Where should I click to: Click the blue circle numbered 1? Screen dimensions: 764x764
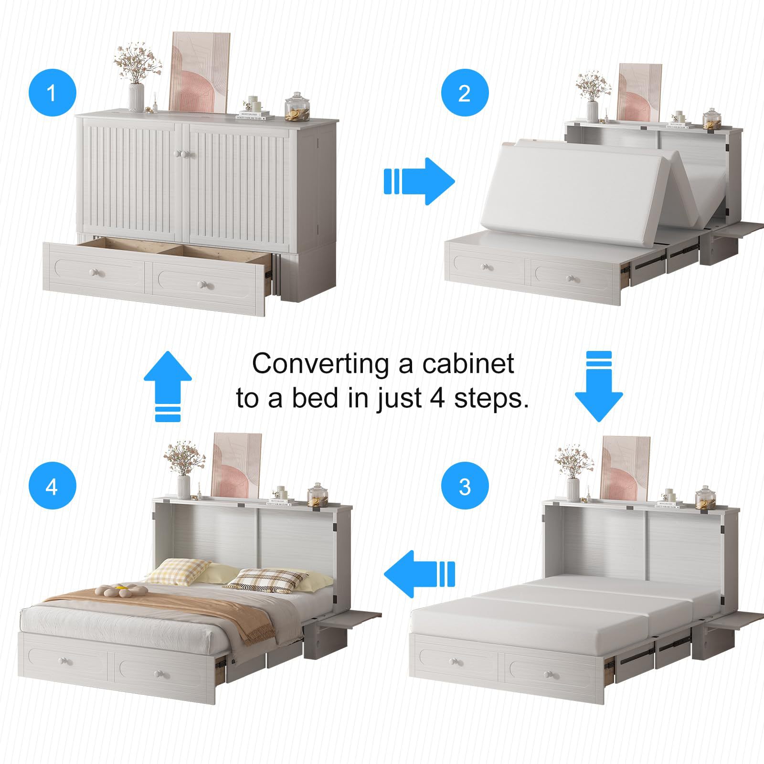pos(52,92)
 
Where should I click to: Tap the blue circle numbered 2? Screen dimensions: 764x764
pos(464,93)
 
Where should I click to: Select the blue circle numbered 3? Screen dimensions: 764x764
pos(465,486)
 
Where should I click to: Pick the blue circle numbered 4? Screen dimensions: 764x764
pos(52,486)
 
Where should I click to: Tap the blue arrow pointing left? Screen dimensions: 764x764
pos(419,573)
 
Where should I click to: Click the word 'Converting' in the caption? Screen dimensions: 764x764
pos(320,364)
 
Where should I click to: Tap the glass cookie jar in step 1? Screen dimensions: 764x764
pos(297,107)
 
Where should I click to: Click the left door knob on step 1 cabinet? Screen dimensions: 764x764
pos(180,154)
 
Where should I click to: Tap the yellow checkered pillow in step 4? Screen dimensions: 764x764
pos(178,571)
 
